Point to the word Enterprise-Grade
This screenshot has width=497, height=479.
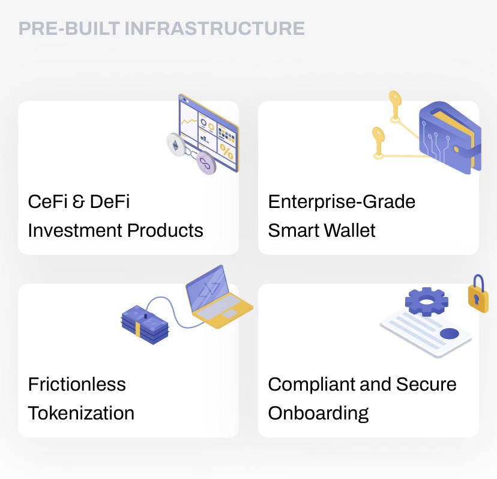click(342, 201)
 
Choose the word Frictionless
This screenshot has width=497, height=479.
click(77, 384)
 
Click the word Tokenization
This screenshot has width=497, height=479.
click(81, 413)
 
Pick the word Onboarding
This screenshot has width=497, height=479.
click(318, 413)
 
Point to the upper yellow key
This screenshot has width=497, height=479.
click(394, 102)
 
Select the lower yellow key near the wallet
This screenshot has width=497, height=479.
click(378, 138)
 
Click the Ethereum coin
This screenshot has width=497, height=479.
click(176, 145)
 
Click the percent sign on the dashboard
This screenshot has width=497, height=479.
click(226, 151)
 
